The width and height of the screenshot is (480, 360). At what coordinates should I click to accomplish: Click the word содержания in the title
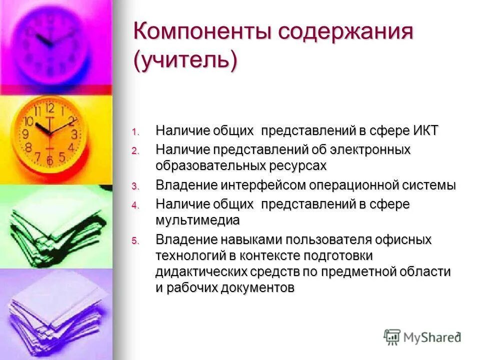tap(346, 34)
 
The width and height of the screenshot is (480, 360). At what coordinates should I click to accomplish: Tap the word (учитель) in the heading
tap(184, 61)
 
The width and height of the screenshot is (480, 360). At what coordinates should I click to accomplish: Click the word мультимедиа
tap(197, 220)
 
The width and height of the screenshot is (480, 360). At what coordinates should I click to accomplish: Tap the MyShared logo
tap(422, 337)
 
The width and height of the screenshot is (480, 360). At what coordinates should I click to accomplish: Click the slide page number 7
tap(457, 334)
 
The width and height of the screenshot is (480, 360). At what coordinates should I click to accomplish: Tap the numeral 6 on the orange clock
tap(49, 160)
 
